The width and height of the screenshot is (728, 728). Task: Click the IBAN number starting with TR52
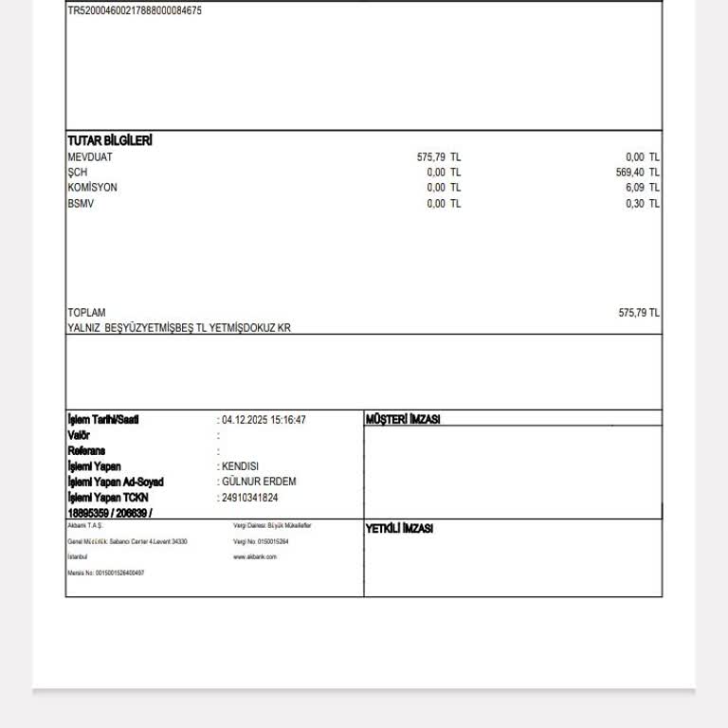click(135, 11)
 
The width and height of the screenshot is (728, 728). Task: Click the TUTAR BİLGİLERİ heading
click(110, 141)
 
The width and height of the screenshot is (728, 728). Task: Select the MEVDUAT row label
click(90, 157)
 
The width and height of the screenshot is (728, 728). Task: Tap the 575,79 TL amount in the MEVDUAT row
click(439, 157)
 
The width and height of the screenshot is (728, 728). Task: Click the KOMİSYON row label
click(93, 188)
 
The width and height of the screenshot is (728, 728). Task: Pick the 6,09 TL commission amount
click(643, 188)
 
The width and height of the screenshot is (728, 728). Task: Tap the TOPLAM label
click(86, 313)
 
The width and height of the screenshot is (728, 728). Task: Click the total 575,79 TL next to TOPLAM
click(639, 313)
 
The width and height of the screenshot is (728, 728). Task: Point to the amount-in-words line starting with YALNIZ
click(179, 328)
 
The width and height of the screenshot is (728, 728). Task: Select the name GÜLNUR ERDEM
click(259, 482)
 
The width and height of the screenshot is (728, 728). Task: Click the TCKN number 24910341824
click(250, 498)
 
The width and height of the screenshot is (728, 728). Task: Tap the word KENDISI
click(240, 466)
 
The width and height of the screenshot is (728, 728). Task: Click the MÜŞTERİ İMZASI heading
click(403, 420)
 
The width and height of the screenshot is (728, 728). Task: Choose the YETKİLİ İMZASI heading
click(399, 529)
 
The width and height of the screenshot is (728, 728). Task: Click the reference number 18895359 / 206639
click(110, 513)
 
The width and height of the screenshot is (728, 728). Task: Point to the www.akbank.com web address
click(255, 557)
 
